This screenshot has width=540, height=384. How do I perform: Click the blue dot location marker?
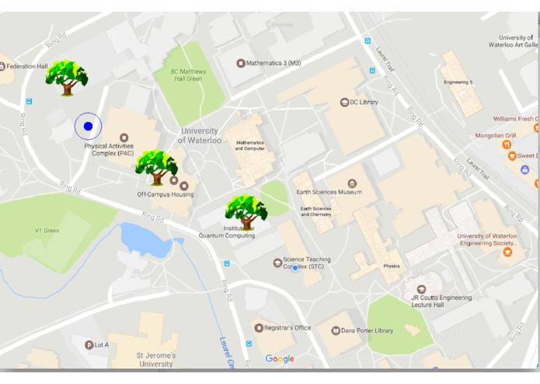(88, 126)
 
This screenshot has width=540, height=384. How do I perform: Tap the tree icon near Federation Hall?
(66, 78)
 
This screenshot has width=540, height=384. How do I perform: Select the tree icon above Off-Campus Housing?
(156, 167)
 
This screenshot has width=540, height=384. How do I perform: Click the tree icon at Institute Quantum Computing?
(246, 212)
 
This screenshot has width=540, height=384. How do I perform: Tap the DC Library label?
(364, 102)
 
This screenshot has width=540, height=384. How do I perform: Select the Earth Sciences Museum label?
(329, 192)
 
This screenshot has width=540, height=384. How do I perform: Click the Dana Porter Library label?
(369, 330)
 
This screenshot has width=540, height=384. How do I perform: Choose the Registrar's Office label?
(287, 328)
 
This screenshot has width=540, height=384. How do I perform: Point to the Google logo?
(280, 358)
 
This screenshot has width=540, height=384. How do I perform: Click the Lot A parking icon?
(89, 344)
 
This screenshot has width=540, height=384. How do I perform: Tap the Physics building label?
(391, 266)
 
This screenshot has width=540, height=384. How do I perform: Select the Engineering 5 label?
(458, 82)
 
